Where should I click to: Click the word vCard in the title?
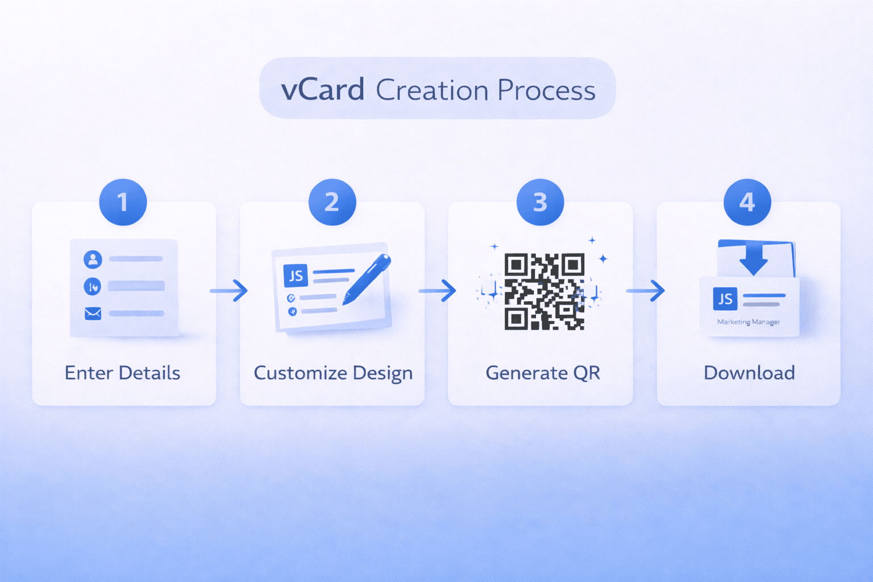tap(322, 90)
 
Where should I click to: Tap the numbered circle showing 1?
tap(123, 202)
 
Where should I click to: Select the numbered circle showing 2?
tap(332, 202)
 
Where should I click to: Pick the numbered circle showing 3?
tap(540, 202)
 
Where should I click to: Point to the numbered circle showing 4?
tap(747, 202)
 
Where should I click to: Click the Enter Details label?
tap(122, 373)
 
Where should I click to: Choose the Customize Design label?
tap(333, 373)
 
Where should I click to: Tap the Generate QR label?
tap(543, 373)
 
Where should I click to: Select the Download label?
tap(749, 373)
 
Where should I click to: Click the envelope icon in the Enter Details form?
tap(93, 313)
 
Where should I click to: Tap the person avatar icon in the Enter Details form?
tap(93, 259)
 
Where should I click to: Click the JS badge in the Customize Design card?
tap(296, 276)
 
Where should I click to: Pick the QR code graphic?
tap(544, 292)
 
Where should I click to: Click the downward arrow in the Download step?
tap(754, 259)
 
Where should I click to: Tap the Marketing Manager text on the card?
tap(748, 322)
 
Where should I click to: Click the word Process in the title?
tap(546, 90)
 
